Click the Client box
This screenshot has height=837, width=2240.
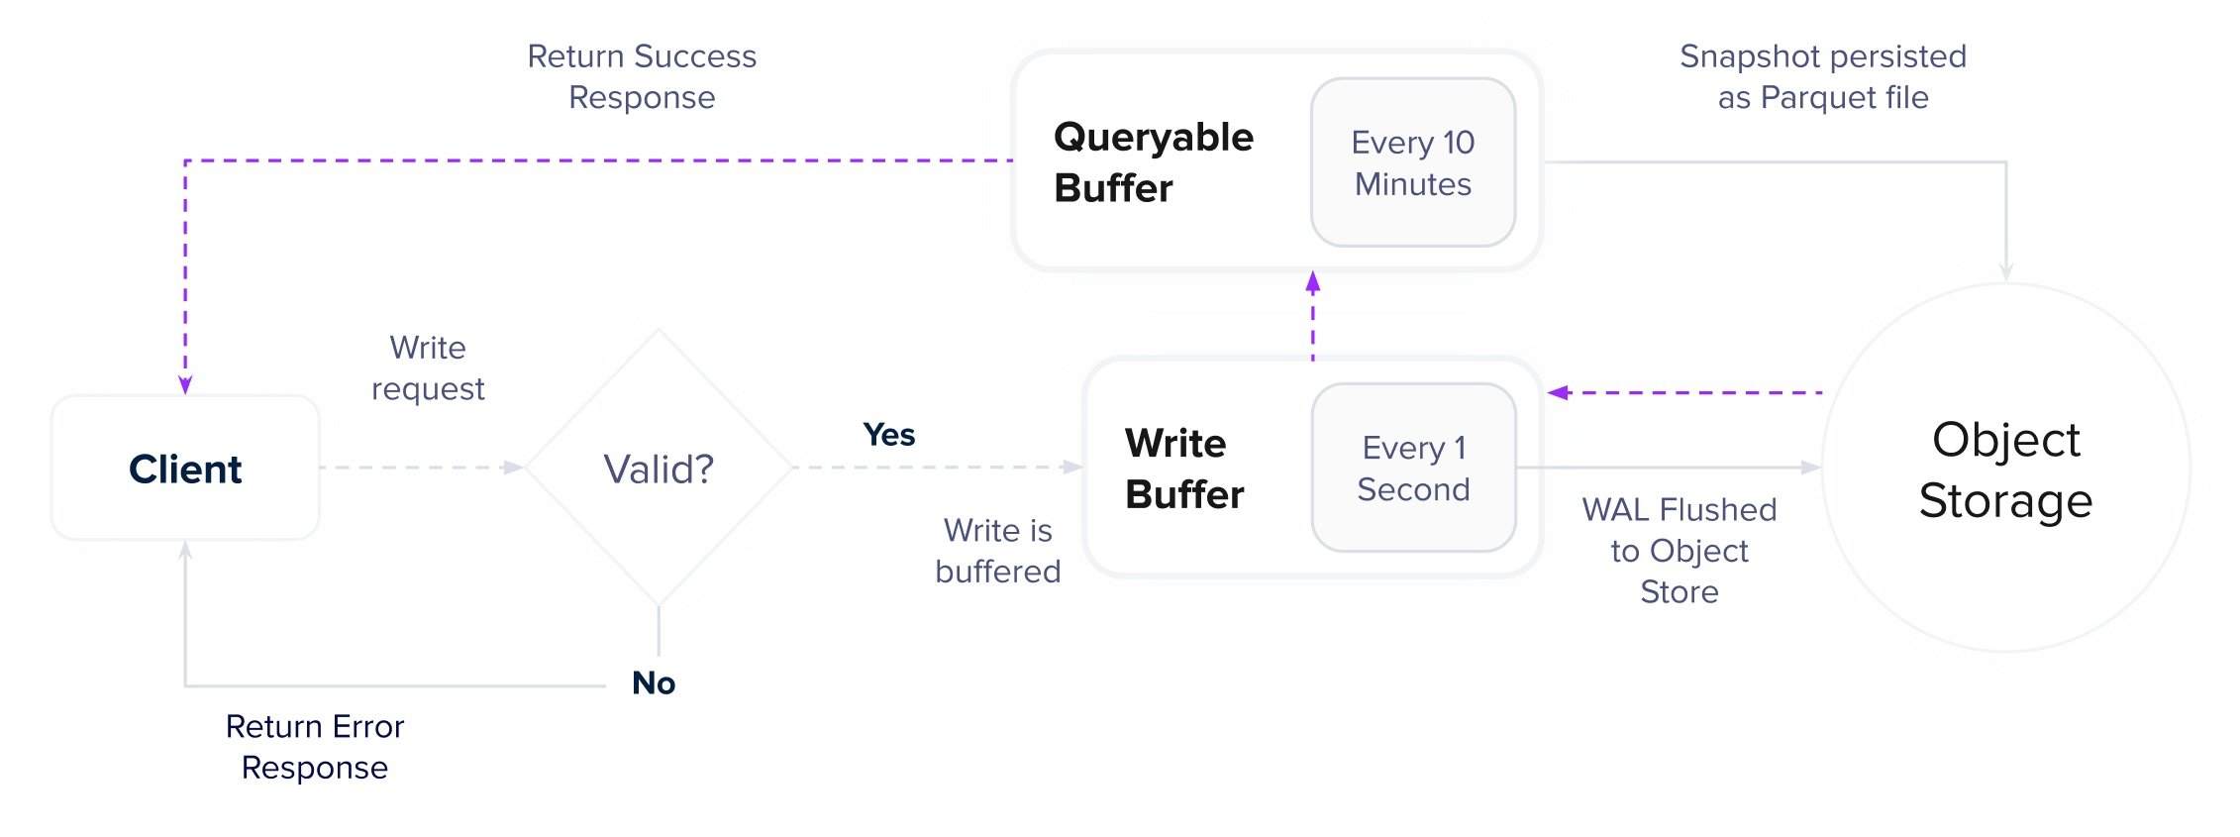pos(185,469)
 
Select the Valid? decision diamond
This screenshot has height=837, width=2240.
pos(659,469)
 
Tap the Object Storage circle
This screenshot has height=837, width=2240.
pos(2005,469)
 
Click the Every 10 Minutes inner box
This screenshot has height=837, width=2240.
pos(1412,162)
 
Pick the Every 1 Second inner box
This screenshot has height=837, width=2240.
pos(1412,468)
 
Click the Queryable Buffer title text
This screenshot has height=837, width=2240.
pos(1153,162)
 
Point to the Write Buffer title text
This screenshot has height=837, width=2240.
pos(1183,469)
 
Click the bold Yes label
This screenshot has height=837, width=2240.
pos(888,435)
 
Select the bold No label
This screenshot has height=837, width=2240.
pos(654,682)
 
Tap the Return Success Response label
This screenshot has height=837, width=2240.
pos(642,76)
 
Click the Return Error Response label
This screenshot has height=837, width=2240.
pos(315,747)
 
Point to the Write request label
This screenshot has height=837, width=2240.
pos(428,367)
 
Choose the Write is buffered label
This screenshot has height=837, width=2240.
pos(997,551)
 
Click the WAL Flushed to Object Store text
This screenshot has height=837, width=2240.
pos(1679,550)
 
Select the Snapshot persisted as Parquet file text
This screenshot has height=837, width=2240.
pos(1822,76)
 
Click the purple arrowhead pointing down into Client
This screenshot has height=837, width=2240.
pos(185,384)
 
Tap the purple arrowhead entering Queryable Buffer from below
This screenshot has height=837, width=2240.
pos(1313,282)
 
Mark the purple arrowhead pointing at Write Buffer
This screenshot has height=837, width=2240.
pos(1559,393)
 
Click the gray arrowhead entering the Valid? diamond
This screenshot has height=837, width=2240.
pos(513,468)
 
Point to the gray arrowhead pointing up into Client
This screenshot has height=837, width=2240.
pos(185,551)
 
